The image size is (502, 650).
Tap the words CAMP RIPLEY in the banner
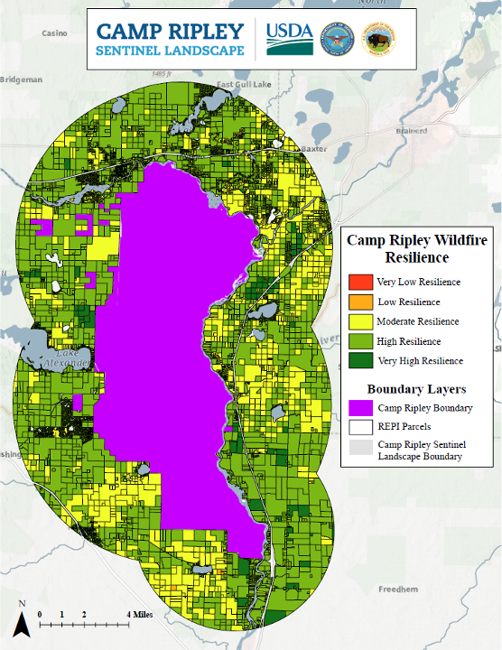171,31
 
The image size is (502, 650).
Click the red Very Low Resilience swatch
360,282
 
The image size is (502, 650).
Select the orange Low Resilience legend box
360,302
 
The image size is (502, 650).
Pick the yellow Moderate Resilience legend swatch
360,321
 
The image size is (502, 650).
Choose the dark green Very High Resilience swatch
360,361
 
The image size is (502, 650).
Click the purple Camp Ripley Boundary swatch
360,407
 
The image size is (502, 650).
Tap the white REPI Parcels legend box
360,427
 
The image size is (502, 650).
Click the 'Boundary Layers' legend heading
411,389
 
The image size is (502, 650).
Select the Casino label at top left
54,33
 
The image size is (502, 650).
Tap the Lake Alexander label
68,358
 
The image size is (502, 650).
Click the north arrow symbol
22,621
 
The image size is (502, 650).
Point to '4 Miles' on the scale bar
139,614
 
